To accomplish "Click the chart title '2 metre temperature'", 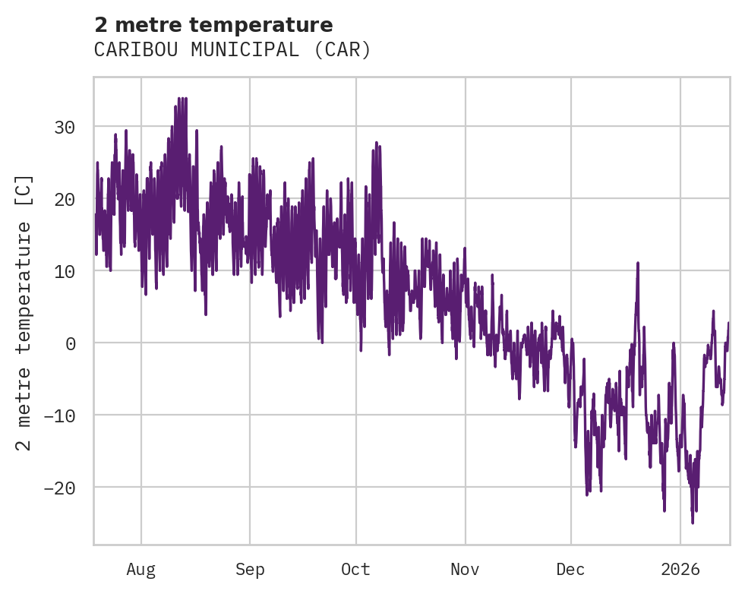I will (x=213, y=25).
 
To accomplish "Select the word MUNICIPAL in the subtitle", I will (x=241, y=50).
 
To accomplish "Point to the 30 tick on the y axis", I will (x=65, y=127).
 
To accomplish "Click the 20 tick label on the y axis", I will (x=65, y=199).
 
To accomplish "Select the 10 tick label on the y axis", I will (x=65, y=271).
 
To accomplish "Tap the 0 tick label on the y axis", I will (x=71, y=343).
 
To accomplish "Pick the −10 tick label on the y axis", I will (x=59, y=415).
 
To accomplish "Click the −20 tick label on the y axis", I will (x=59, y=488).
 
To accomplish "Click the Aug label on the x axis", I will (x=140, y=570).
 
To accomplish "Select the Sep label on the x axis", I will (x=249, y=570).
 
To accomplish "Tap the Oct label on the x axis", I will (x=355, y=570).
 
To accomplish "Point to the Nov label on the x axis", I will (x=465, y=570).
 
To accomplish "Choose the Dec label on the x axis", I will (x=570, y=570).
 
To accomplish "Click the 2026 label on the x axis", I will (x=680, y=570).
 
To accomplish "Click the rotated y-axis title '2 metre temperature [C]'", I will (x=24, y=311).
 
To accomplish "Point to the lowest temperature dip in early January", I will (x=692, y=523).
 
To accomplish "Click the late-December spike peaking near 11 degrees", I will (x=638, y=264).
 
